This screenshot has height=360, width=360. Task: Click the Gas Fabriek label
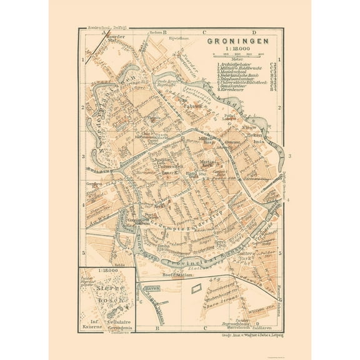coord(185,103)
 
